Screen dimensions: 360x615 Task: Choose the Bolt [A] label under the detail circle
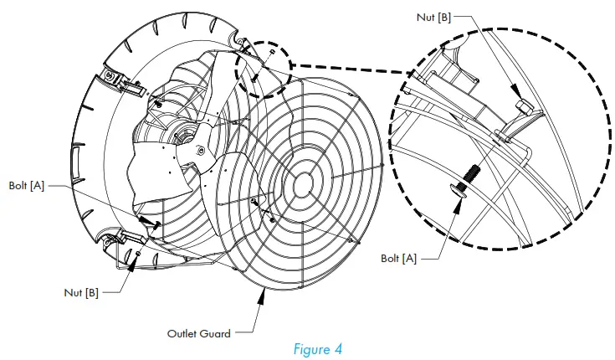click(x=397, y=260)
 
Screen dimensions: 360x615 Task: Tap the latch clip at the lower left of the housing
click(x=115, y=244)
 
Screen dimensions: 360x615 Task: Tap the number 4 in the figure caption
click(x=338, y=347)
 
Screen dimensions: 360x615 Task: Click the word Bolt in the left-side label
click(x=18, y=184)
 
